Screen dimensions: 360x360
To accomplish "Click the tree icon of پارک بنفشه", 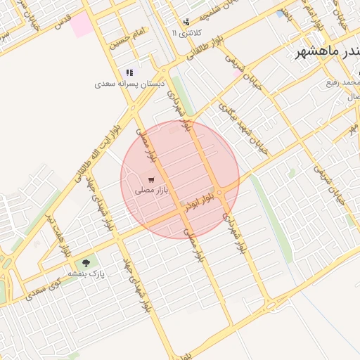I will point(86,263).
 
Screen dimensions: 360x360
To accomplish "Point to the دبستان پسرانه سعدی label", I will point(130,84).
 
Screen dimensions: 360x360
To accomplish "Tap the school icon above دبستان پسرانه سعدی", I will point(129,72).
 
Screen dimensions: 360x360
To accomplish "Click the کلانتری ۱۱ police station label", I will point(187,33).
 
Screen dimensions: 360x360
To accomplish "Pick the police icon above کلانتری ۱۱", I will point(186,22).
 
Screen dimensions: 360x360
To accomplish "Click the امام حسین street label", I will point(127,39).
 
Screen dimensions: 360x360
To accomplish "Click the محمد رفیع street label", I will point(343,83).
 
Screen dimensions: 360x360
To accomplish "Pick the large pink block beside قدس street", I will point(81,24).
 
